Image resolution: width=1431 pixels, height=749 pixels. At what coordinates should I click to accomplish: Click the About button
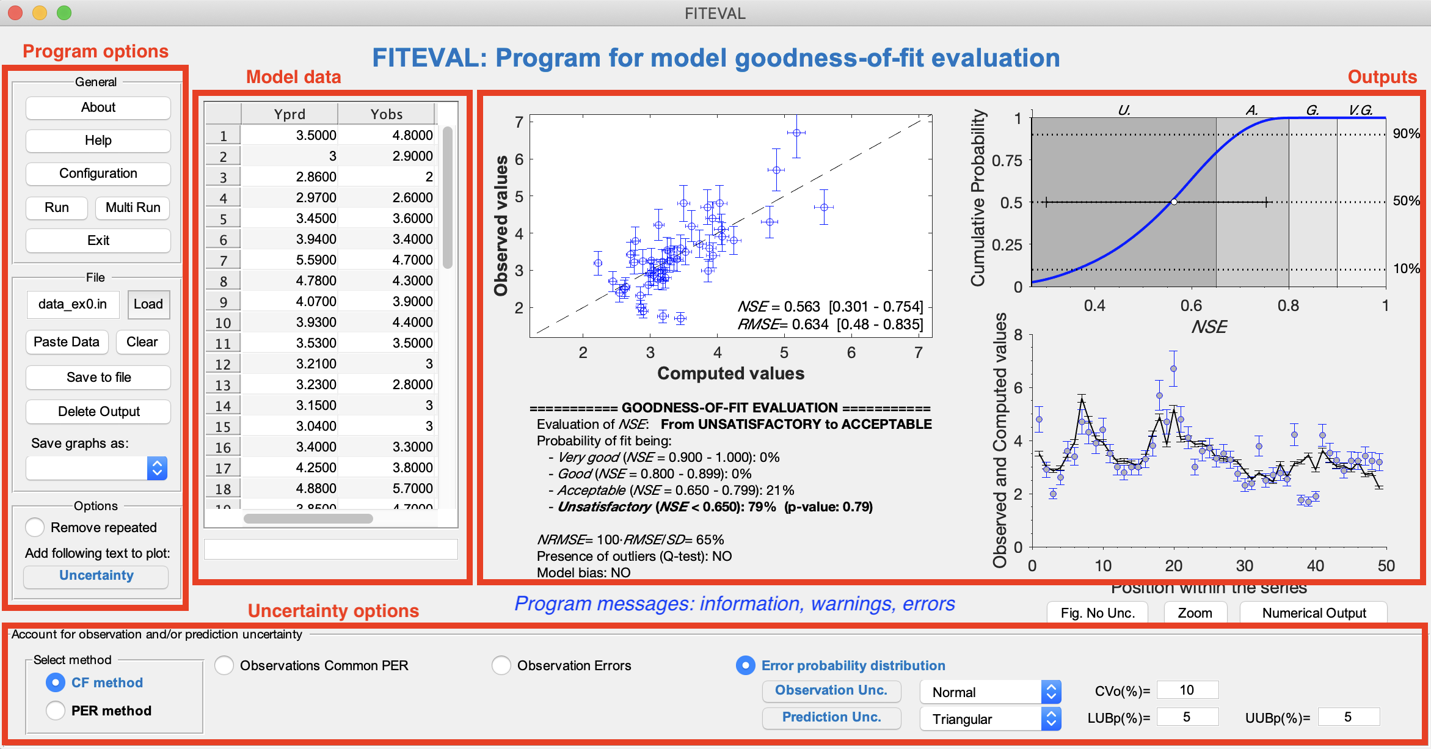[98, 108]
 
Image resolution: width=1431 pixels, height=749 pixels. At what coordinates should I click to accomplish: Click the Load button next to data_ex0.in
[148, 304]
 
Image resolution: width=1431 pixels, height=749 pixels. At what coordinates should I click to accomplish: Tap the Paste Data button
[67, 342]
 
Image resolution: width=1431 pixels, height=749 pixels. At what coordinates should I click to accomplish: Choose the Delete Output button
[98, 412]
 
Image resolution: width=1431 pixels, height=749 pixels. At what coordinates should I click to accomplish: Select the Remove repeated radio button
[35, 527]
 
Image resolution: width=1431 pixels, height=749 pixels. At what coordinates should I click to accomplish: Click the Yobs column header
[386, 114]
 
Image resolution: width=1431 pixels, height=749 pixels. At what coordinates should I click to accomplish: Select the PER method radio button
[56, 711]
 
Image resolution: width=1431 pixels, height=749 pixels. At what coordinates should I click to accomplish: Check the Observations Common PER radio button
[224, 665]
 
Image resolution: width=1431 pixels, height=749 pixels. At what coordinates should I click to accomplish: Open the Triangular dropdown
[989, 719]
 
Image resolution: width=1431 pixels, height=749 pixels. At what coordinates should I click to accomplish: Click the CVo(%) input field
[1187, 690]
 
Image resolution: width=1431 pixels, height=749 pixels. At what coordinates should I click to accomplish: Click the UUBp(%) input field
[1348, 717]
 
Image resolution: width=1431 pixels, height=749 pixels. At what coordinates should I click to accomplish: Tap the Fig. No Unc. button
[1097, 613]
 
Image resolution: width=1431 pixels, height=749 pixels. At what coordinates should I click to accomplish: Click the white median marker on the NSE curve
[1174, 202]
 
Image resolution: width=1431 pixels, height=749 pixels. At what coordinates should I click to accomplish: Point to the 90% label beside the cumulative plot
[1405, 134]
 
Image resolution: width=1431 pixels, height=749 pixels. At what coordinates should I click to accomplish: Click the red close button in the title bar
[15, 13]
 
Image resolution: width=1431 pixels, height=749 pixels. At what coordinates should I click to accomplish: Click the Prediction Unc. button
[831, 717]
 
